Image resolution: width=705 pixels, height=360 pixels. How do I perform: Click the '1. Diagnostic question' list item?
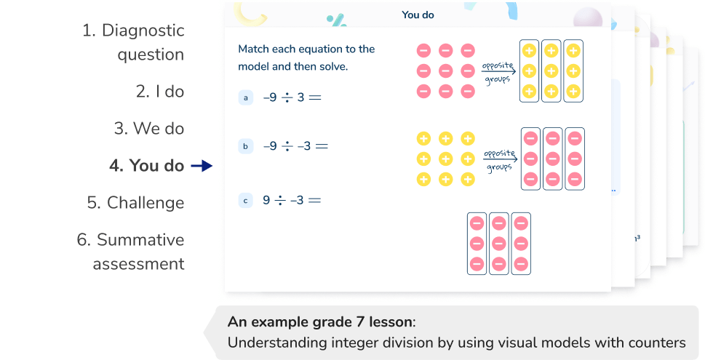click(x=132, y=42)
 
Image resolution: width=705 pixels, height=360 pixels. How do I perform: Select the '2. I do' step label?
click(x=160, y=92)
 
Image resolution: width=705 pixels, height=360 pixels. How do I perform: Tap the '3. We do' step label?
click(x=149, y=129)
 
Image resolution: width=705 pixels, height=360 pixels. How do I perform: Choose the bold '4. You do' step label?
click(x=146, y=166)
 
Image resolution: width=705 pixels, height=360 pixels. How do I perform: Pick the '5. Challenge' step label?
click(x=135, y=202)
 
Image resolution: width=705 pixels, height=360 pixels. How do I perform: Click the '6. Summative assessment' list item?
click(x=131, y=252)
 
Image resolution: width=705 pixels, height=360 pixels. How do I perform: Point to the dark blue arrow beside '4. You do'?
click(x=200, y=167)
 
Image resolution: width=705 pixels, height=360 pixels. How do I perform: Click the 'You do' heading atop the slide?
click(x=418, y=14)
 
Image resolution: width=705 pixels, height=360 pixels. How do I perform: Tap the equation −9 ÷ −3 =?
click(x=295, y=146)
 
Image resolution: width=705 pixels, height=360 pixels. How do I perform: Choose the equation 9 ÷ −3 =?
click(x=292, y=200)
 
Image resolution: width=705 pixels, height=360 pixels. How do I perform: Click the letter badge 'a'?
click(x=246, y=97)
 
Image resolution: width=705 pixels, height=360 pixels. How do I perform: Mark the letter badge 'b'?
click(x=246, y=146)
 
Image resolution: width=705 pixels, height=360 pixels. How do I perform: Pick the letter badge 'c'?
click(x=246, y=200)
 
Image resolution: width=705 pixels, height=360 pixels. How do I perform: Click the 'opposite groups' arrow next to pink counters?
click(x=499, y=71)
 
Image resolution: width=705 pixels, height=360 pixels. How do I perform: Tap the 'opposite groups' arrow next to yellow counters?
click(x=499, y=160)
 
